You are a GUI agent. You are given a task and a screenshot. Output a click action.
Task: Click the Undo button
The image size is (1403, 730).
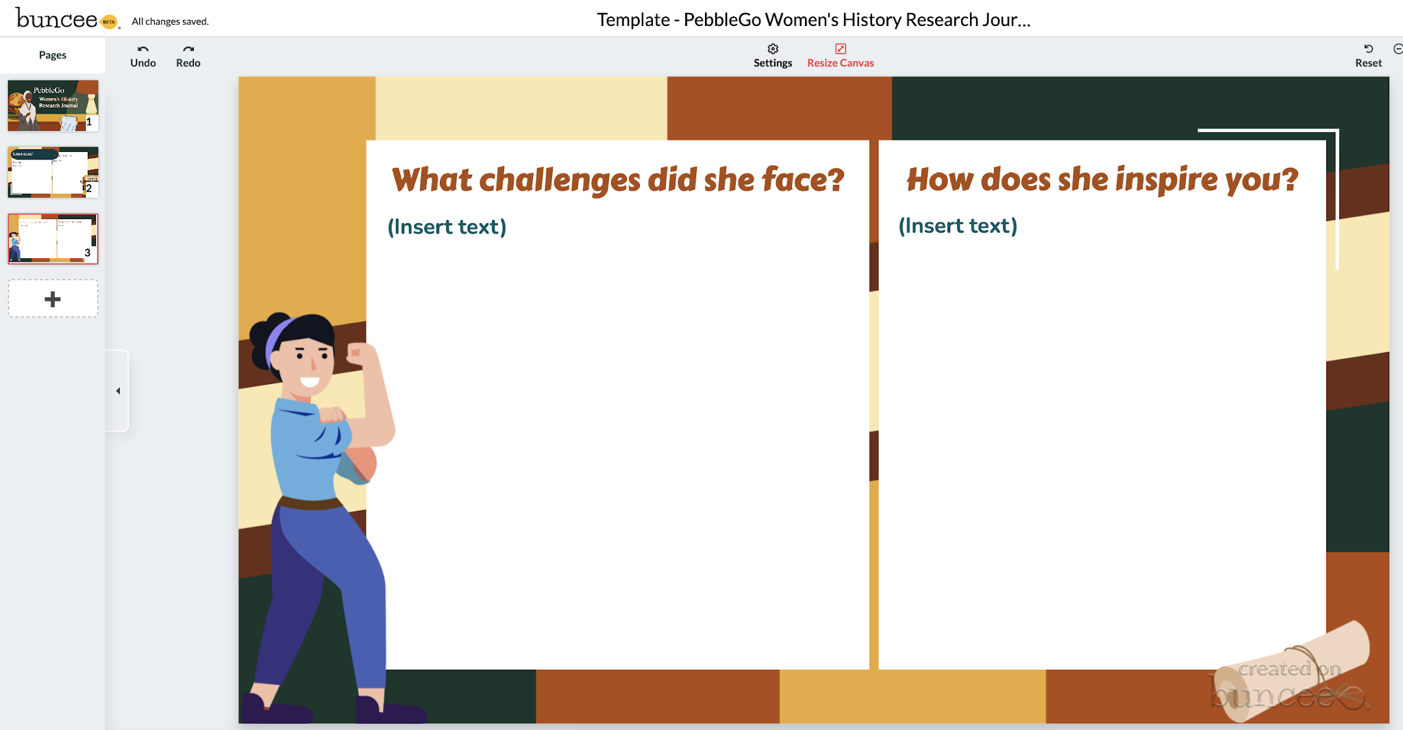(x=143, y=55)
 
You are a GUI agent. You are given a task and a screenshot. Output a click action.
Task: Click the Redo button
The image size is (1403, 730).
(x=188, y=55)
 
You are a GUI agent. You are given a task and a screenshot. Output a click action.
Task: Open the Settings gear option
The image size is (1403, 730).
(x=773, y=55)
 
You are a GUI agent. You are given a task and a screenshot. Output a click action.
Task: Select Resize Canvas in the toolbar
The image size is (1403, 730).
(x=841, y=55)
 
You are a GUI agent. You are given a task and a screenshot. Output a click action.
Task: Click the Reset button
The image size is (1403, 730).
(x=1368, y=55)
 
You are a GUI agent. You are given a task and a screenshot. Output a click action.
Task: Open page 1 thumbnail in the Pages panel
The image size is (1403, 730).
(x=53, y=105)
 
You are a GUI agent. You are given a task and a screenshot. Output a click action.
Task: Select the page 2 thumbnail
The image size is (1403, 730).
(x=53, y=172)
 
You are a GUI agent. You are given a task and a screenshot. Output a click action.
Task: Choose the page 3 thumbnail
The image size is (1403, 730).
(x=53, y=238)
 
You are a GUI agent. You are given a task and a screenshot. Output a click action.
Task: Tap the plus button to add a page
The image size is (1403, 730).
(x=53, y=299)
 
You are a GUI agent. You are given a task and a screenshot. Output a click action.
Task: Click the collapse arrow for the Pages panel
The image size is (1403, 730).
(x=118, y=391)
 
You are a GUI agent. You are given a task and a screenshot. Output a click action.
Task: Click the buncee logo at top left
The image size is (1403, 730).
(x=58, y=19)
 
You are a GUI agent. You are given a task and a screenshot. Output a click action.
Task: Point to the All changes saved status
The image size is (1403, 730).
(x=170, y=21)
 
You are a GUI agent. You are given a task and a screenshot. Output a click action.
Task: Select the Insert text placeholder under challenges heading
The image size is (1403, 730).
(x=447, y=227)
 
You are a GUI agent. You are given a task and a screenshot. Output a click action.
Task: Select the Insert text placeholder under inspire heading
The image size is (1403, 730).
(x=958, y=225)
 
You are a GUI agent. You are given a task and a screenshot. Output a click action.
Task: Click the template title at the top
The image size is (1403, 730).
(x=813, y=20)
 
